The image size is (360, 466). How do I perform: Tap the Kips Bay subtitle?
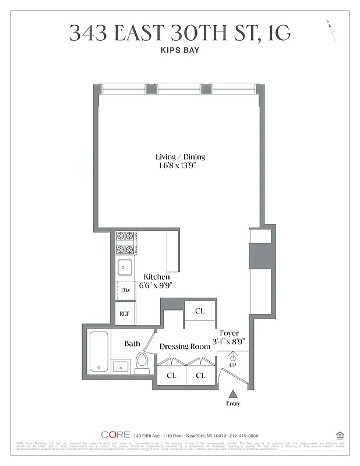tap(179, 51)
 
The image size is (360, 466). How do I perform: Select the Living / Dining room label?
tap(180, 157)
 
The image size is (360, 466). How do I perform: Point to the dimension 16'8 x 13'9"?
tap(180, 165)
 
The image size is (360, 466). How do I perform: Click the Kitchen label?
tap(157, 277)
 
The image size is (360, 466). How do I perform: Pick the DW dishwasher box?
tap(125, 290)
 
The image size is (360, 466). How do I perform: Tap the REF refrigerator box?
tap(124, 313)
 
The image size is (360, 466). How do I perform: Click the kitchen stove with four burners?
tap(125, 242)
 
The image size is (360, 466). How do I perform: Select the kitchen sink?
tap(125, 267)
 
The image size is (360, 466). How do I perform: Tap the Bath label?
tap(132, 344)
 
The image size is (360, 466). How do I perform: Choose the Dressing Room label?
tap(185, 346)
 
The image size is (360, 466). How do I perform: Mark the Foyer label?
tap(229, 333)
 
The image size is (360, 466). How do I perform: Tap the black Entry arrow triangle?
tap(233, 394)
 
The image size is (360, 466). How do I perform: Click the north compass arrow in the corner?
tap(331, 30)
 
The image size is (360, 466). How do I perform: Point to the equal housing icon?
tap(339, 435)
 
